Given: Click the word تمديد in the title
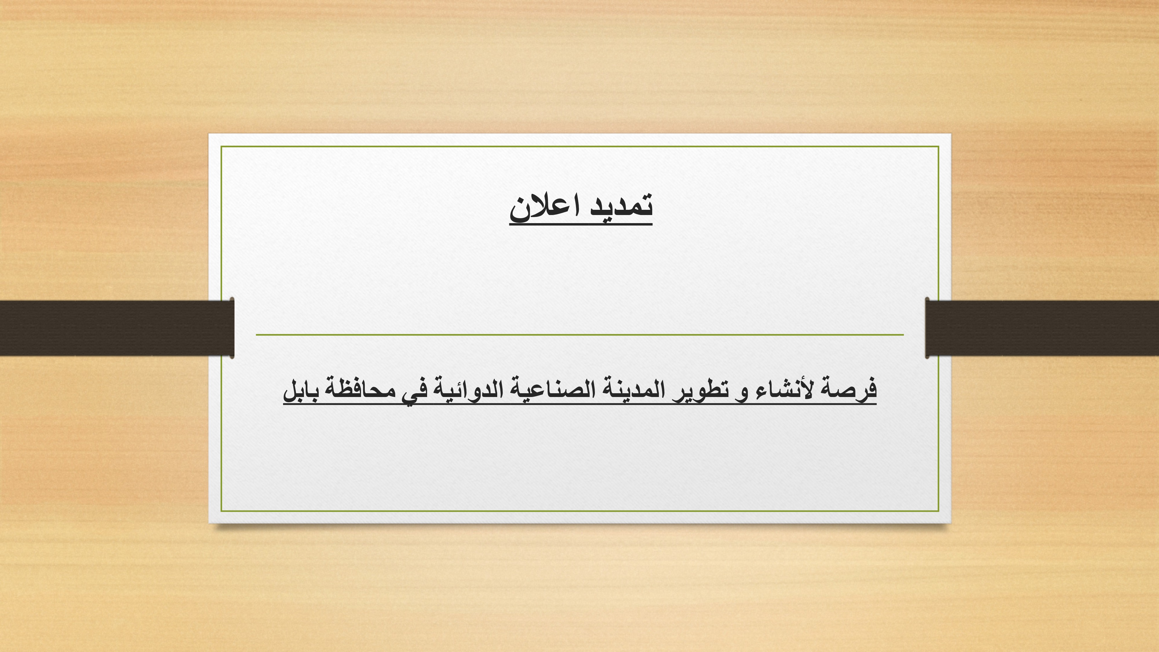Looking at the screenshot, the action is (x=621, y=206).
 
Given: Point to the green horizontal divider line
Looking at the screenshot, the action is (x=579, y=335).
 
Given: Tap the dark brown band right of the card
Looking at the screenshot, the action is (x=1042, y=328).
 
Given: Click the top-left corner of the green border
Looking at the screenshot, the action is (x=221, y=146).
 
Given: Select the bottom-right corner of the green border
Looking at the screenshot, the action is (x=939, y=511).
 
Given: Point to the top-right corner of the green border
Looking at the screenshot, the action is (x=939, y=146).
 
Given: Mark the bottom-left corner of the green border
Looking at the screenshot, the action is (x=221, y=511).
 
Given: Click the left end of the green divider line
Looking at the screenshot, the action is (x=256, y=335).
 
